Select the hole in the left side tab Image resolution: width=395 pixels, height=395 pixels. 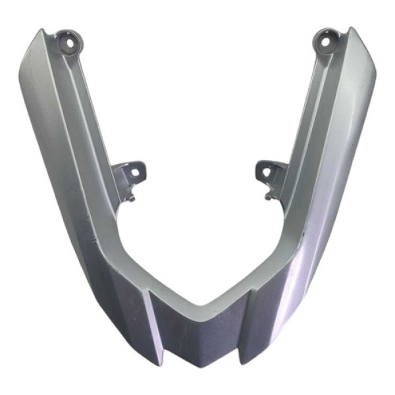point(135,172)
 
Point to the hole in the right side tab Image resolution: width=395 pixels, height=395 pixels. point(267,174)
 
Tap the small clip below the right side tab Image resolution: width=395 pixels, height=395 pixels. point(269,196)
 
